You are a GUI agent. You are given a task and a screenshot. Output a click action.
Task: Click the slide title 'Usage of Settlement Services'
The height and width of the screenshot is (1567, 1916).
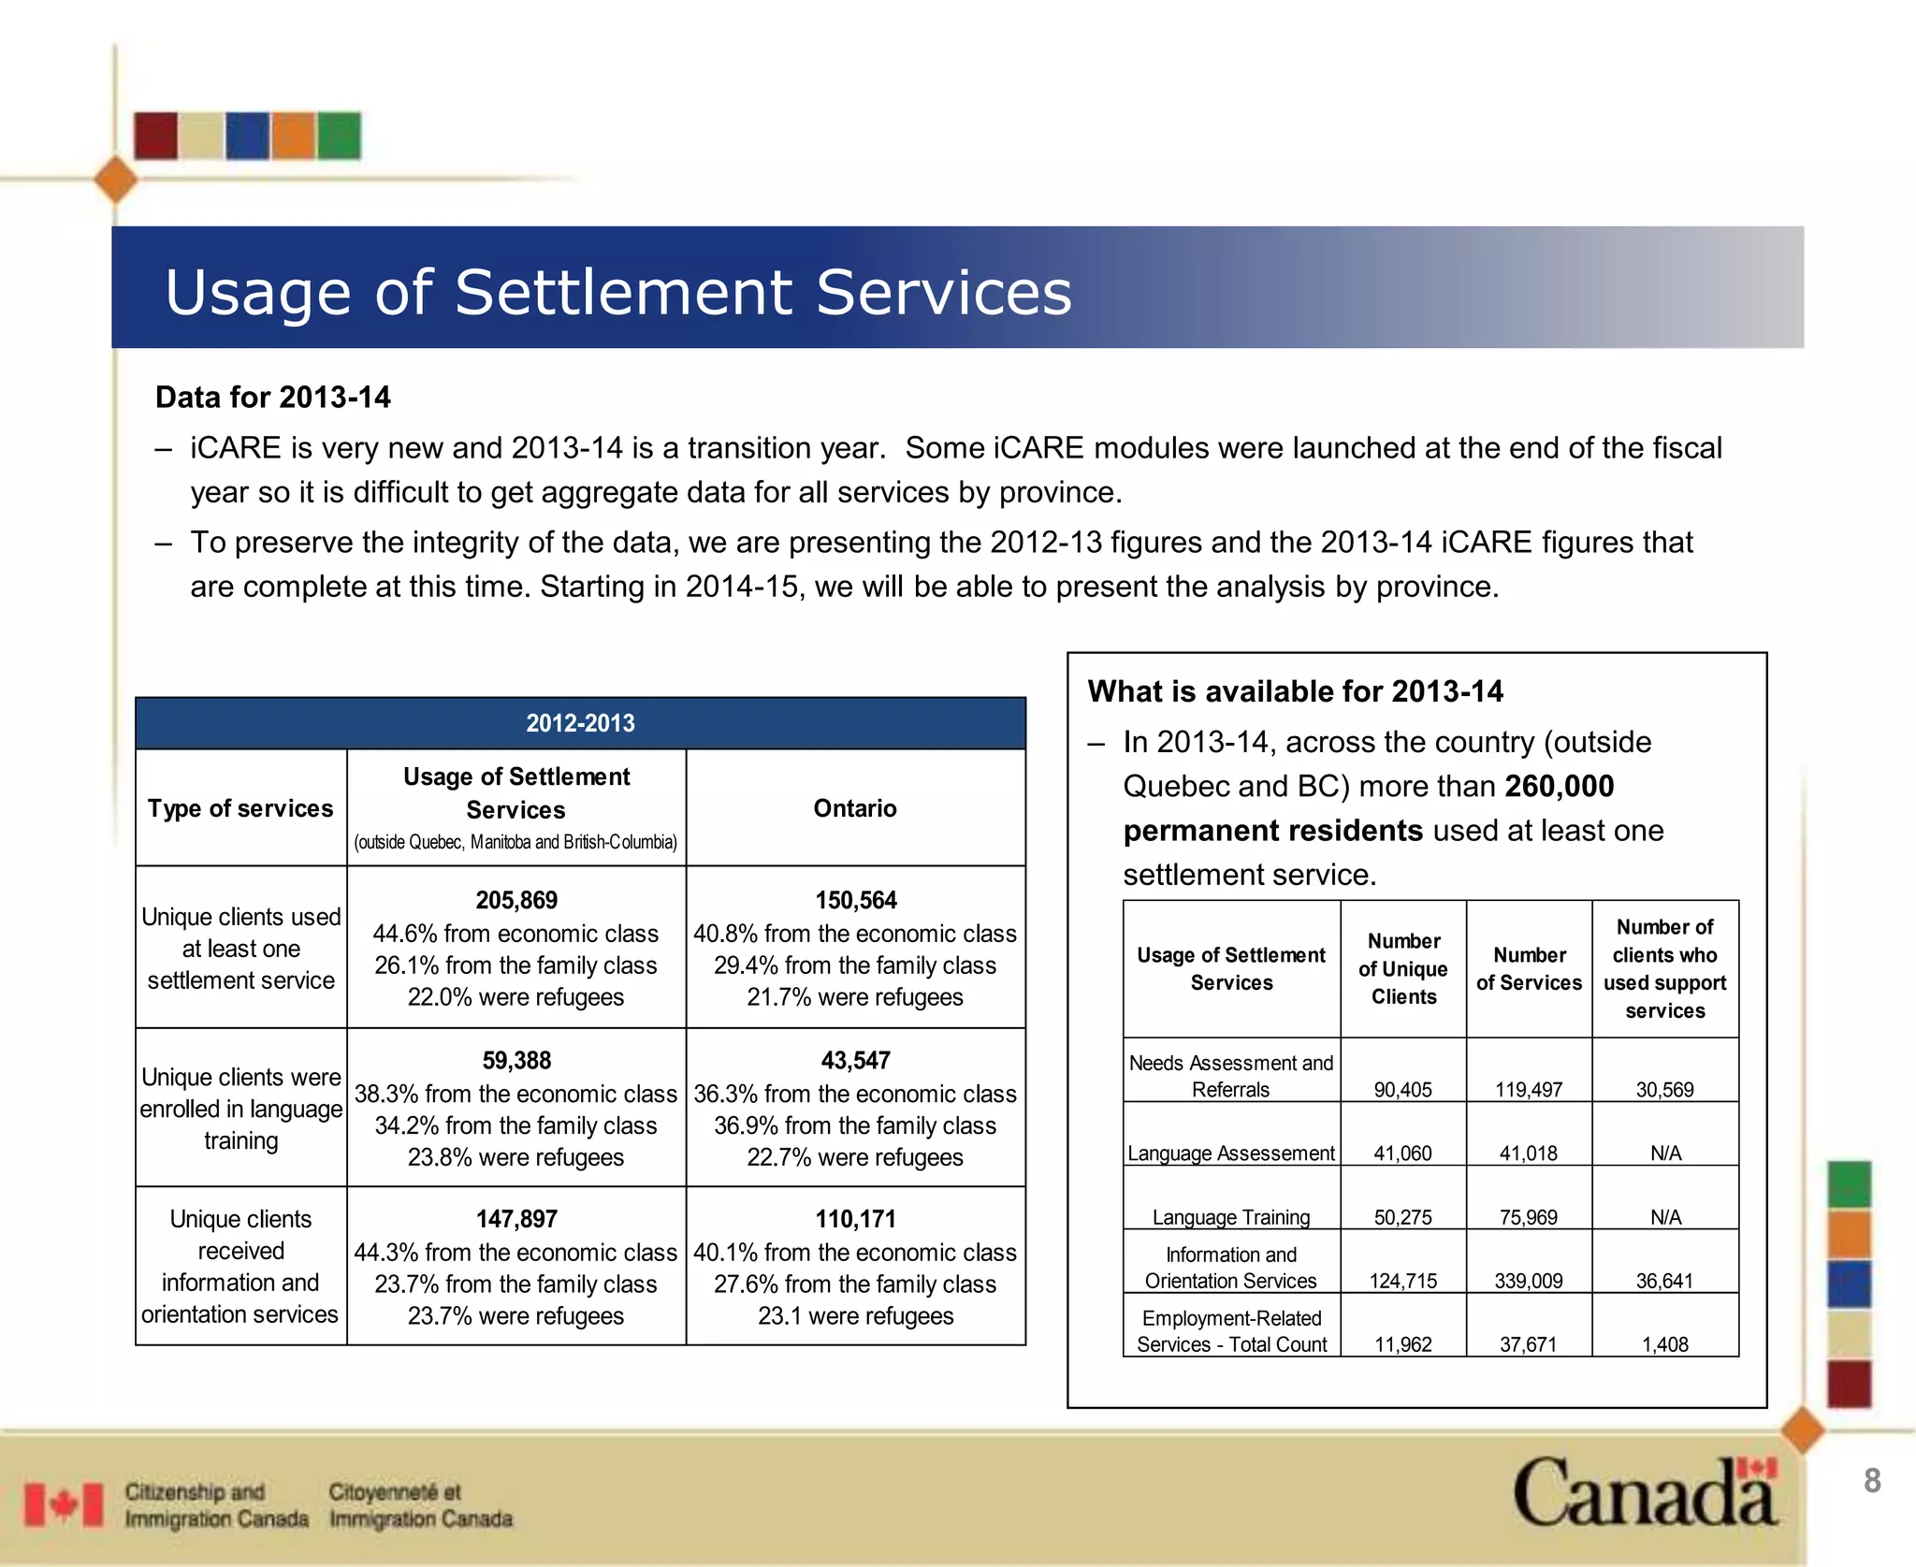[x=617, y=292]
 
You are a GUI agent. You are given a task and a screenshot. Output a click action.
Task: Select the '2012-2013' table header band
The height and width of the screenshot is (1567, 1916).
[x=580, y=723]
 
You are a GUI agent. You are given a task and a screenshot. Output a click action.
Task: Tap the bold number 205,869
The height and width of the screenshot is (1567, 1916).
[x=516, y=900]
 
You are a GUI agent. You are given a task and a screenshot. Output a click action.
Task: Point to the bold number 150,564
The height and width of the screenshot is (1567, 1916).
[x=855, y=900]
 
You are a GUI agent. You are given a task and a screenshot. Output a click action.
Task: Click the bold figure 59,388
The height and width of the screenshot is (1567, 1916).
[x=516, y=1060]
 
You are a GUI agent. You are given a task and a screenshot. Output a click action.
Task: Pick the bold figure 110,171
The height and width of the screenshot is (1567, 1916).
[x=855, y=1219]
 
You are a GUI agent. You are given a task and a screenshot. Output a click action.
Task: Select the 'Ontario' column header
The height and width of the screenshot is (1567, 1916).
[x=855, y=808]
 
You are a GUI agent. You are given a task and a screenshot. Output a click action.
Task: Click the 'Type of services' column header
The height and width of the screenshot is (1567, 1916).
[x=240, y=808]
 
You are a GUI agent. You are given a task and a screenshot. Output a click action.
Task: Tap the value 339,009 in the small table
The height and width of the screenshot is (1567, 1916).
[x=1529, y=1281]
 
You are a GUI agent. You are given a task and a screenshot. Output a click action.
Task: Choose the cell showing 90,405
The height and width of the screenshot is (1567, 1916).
[x=1402, y=1089]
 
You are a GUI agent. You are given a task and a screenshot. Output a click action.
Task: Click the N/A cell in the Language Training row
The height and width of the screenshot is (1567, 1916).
[x=1665, y=1217]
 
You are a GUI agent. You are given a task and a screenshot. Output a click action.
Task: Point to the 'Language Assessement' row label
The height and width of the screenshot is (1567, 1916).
[x=1231, y=1153]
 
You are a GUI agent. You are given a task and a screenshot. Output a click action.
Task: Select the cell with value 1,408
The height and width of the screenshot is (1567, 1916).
[x=1665, y=1344]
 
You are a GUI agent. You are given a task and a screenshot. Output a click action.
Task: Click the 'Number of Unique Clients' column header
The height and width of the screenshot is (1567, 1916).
[x=1403, y=968]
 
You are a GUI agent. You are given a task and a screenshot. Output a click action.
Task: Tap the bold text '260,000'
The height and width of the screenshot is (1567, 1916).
[x=1560, y=786]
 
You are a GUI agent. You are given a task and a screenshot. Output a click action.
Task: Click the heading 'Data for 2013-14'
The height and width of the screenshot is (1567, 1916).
[x=273, y=398]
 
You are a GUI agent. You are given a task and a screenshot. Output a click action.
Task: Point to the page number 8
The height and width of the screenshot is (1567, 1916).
[x=1872, y=1481]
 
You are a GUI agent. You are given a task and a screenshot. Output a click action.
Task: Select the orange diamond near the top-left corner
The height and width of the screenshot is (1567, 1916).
[x=116, y=180]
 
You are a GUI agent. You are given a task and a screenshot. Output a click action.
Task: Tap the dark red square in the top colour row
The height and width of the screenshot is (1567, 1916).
[x=155, y=136]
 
